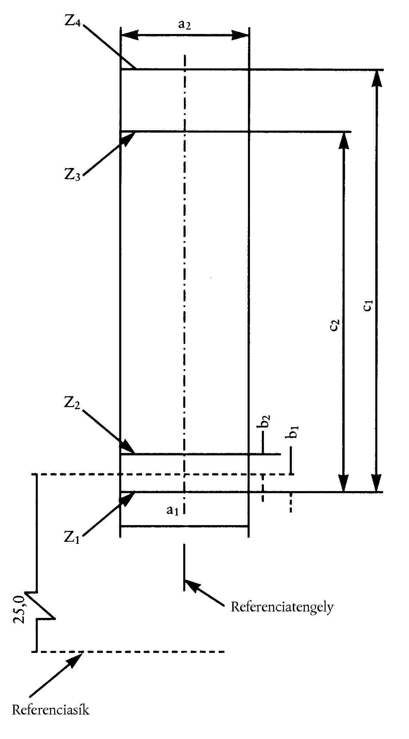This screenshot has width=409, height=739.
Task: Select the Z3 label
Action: pyautogui.click(x=73, y=175)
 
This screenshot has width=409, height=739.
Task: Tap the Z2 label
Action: pyautogui.click(x=72, y=403)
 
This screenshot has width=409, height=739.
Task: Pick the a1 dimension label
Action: pyautogui.click(x=172, y=510)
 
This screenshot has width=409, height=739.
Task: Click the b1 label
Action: pyautogui.click(x=294, y=432)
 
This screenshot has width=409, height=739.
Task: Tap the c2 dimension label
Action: pyautogui.click(x=335, y=325)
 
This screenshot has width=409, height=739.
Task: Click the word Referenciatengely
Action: pyautogui.click(x=282, y=607)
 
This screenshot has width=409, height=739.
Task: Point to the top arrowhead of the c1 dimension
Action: pyautogui.click(x=377, y=79)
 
